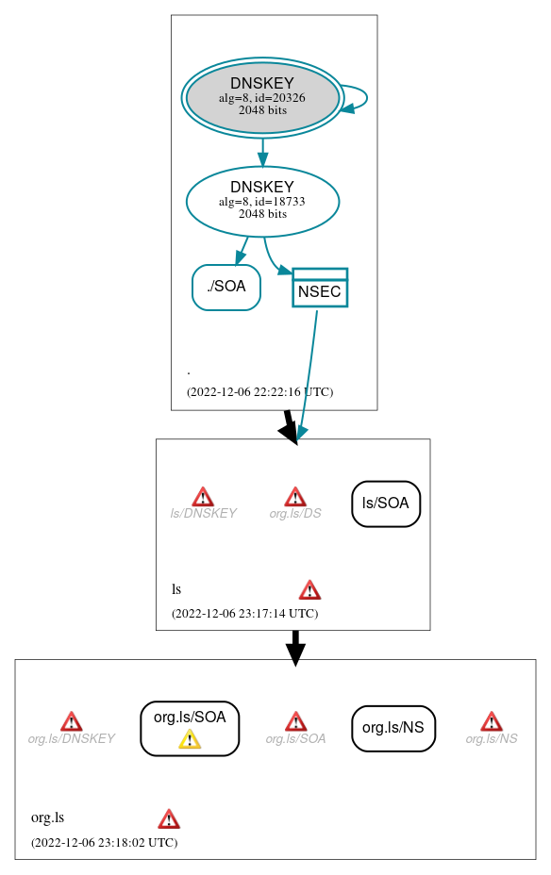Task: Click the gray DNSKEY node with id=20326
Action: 262,97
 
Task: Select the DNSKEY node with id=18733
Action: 262,201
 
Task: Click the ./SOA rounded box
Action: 225,287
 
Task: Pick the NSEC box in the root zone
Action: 320,288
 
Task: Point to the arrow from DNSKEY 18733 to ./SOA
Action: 242,250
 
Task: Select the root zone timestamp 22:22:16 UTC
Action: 259,391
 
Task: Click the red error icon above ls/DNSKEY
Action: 203,497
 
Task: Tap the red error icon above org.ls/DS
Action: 295,497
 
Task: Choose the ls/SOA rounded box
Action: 386,504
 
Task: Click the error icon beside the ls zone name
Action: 309,590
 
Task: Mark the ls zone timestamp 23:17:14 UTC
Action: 244,613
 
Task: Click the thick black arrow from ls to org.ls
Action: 295,647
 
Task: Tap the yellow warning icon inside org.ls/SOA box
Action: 190,739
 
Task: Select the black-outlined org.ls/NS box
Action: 393,728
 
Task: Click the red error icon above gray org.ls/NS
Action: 491,721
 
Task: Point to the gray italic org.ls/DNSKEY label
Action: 71,738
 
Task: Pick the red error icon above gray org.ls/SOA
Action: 295,721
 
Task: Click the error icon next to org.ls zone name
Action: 169,818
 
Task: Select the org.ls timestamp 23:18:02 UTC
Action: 104,842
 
